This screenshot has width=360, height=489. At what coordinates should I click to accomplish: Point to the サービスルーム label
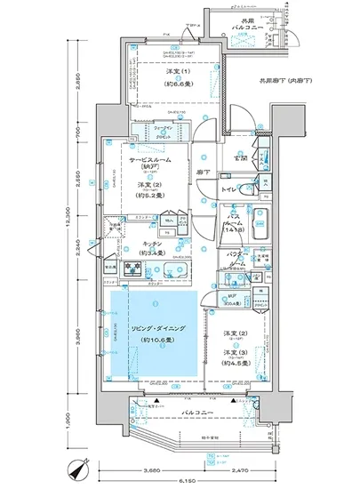point(149,163)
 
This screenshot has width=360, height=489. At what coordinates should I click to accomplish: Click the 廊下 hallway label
point(204,172)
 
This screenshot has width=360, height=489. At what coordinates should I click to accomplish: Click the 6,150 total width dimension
point(188,480)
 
